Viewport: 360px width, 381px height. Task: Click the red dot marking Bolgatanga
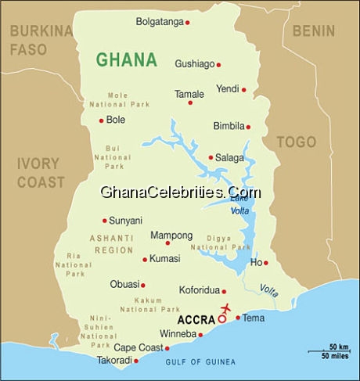[187, 22]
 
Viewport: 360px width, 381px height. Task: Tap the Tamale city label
[189, 94]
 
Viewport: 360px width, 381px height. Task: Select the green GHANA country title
[126, 59]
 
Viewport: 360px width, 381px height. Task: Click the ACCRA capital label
[196, 320]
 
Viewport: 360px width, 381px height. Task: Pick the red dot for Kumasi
[145, 259]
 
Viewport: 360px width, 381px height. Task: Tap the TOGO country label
[296, 142]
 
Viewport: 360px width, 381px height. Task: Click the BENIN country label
[313, 31]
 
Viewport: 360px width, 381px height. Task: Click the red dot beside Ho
[265, 263]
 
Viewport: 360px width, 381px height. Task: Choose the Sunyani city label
[125, 221]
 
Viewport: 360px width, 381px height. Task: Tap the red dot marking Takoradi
[136, 361]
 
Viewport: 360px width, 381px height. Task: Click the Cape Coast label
[138, 347]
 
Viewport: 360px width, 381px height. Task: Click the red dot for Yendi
[243, 89]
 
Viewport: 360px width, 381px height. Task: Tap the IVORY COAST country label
[41, 173]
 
